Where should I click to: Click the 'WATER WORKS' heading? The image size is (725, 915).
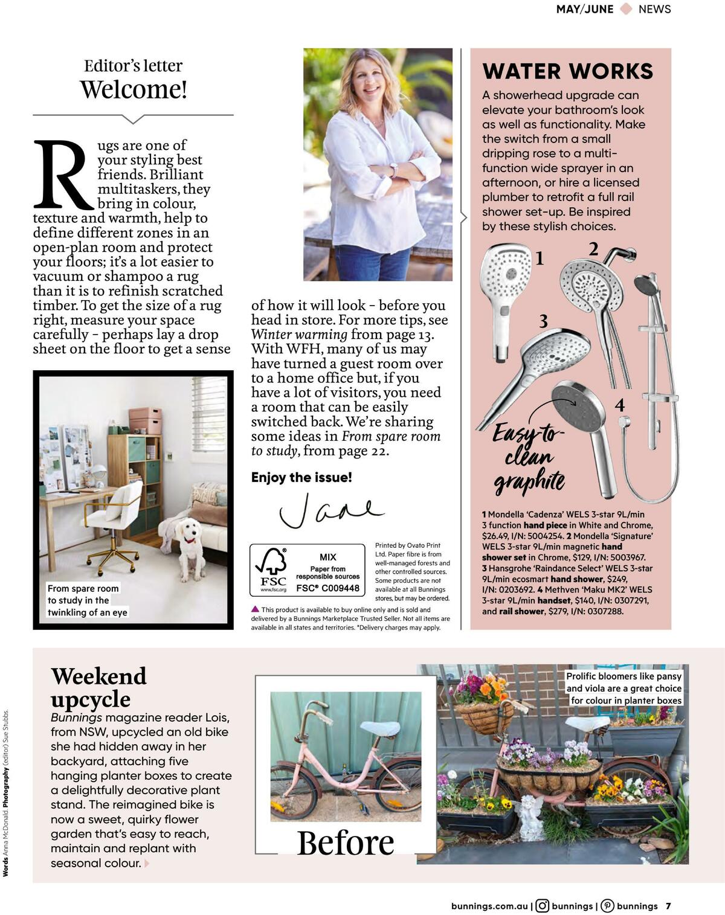[567, 71]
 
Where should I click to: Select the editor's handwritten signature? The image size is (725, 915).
[329, 509]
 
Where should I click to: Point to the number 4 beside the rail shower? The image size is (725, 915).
[619, 405]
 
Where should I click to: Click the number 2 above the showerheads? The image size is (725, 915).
[593, 249]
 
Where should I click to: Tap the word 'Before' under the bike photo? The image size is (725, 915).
[346, 843]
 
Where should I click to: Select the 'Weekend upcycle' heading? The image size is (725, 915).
[98, 687]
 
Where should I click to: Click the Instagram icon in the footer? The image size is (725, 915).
[543, 905]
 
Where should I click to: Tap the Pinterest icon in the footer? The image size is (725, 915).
[608, 905]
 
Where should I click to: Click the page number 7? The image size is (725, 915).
[668, 905]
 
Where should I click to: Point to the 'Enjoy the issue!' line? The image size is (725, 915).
[301, 477]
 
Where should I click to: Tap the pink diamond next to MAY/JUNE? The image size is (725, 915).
[626, 9]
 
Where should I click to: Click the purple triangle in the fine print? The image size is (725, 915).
[255, 609]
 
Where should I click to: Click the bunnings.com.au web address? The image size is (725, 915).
[489, 905]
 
